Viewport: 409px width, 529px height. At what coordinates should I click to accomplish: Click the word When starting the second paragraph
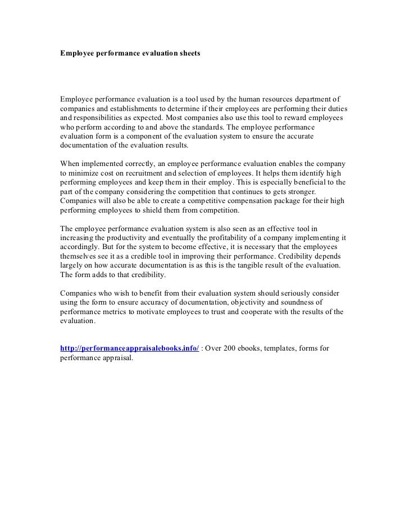click(70, 163)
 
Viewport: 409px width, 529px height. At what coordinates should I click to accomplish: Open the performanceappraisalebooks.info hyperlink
click(129, 348)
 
